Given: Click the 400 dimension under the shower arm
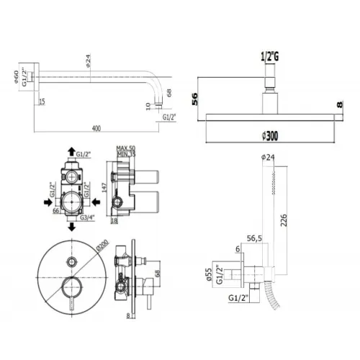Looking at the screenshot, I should [96, 127].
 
